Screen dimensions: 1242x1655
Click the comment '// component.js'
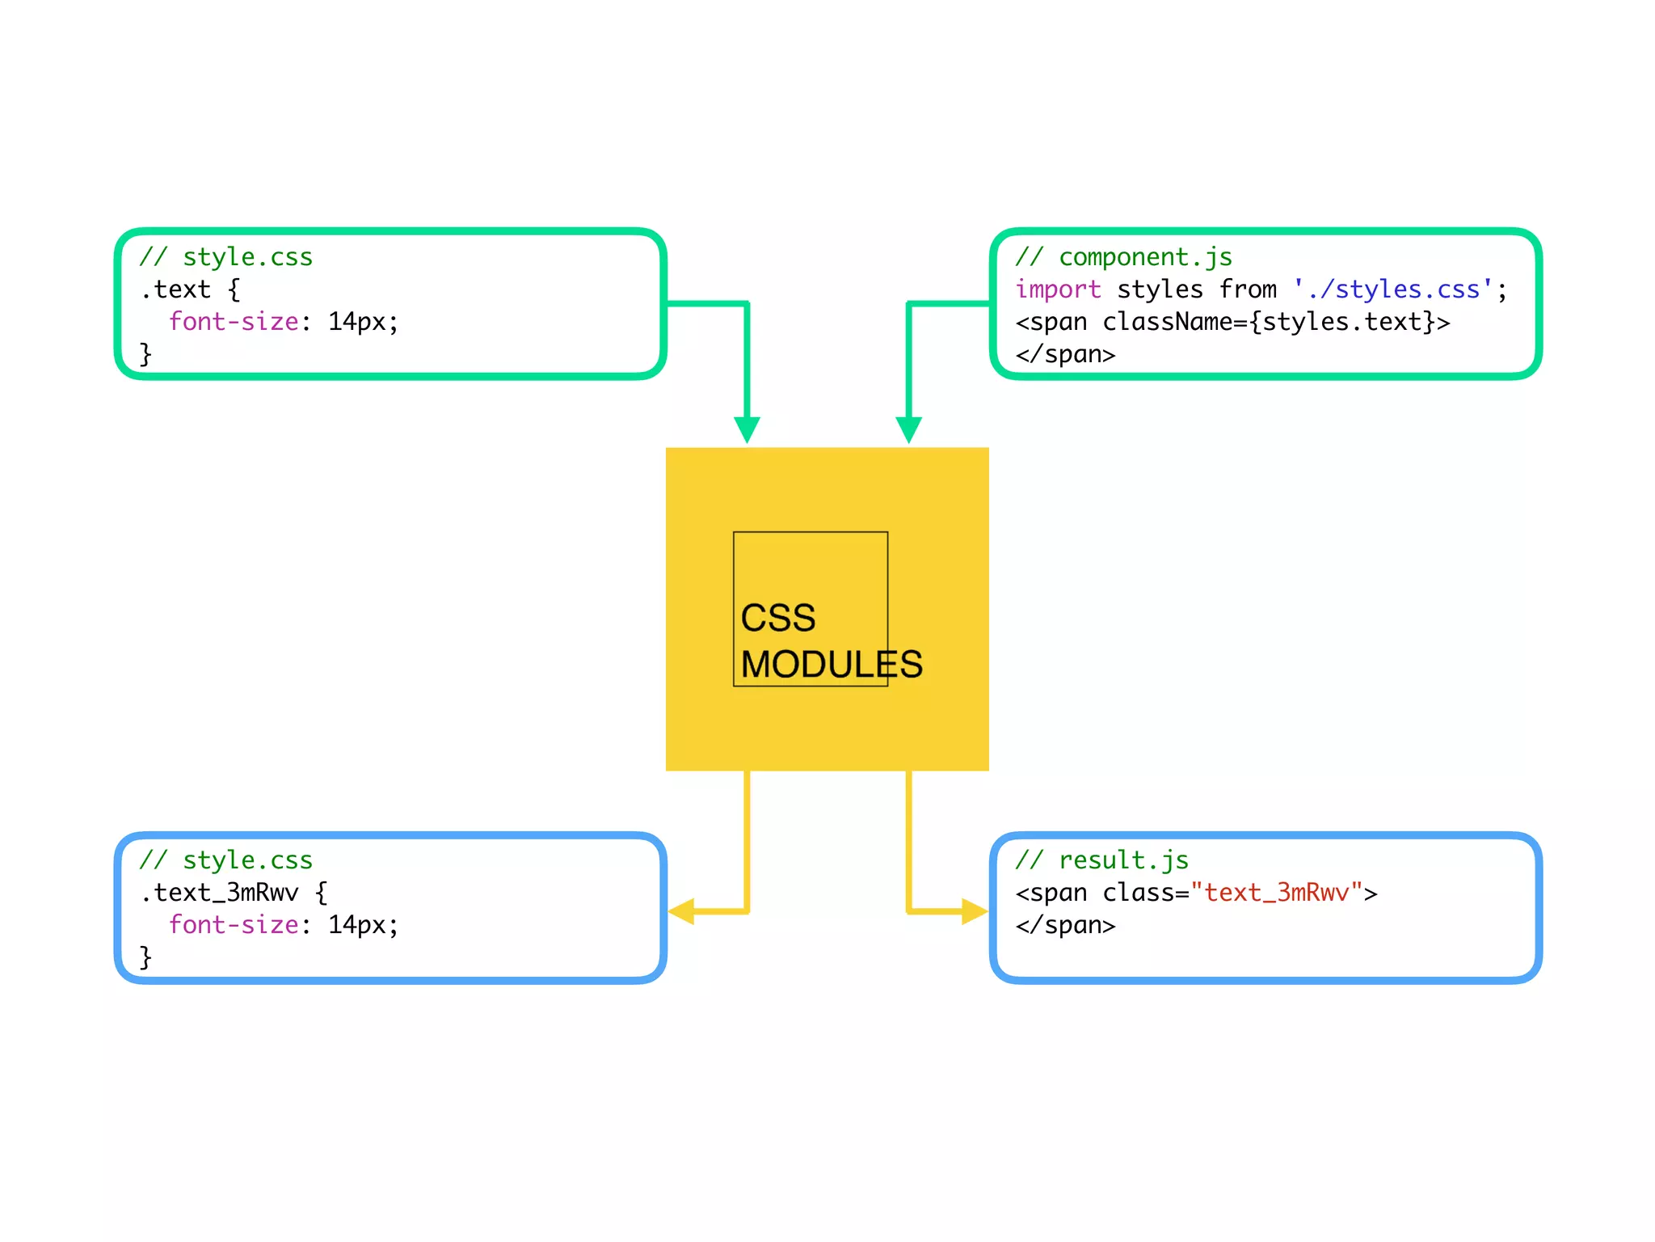point(1123,257)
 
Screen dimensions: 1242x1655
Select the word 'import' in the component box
point(1058,289)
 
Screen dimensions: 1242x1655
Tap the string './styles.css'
point(1392,289)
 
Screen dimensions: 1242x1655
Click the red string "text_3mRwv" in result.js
point(1277,893)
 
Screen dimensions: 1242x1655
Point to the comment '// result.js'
point(1101,860)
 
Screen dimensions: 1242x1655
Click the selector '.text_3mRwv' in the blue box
point(219,893)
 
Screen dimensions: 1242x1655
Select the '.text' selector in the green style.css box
point(175,289)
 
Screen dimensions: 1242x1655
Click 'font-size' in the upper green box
point(234,322)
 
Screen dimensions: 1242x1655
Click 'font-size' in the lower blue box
point(234,925)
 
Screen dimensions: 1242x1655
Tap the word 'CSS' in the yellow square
point(778,619)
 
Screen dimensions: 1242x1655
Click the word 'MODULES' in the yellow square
point(831,665)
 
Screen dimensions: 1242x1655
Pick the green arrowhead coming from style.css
point(747,429)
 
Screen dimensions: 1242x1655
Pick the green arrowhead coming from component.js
point(908,429)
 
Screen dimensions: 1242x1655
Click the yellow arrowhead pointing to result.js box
point(973,911)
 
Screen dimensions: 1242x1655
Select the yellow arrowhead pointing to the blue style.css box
point(682,911)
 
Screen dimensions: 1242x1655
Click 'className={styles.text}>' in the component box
point(1276,322)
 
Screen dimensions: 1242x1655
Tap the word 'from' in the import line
point(1248,289)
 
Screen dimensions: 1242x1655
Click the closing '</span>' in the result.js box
point(1065,925)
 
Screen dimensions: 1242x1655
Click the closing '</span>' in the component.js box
point(1065,354)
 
